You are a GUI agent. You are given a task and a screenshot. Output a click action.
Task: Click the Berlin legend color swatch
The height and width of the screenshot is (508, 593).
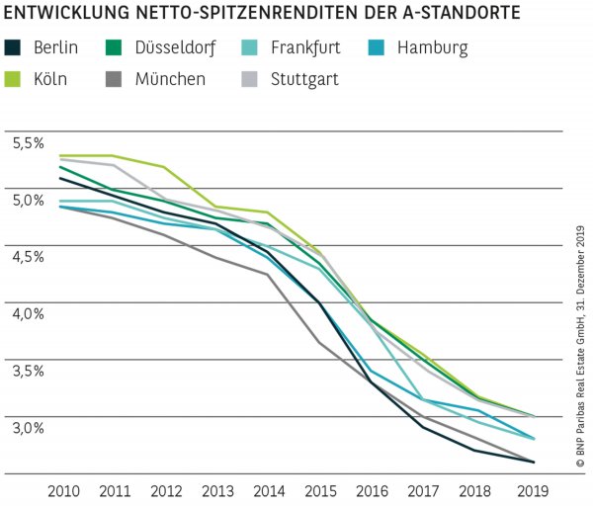13,47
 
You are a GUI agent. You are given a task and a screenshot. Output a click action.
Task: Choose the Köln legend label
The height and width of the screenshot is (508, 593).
49,78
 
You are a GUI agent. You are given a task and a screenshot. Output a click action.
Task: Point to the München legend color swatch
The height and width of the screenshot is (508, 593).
115,78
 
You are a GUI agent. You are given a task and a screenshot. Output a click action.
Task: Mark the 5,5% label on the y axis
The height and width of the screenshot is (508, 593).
29,143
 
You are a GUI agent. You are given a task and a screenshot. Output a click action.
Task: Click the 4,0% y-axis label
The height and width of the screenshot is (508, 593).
29,314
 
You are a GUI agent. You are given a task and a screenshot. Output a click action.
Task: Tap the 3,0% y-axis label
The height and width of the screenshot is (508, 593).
29,428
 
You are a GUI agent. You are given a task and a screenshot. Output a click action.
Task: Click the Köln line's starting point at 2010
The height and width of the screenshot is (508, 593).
61,156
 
